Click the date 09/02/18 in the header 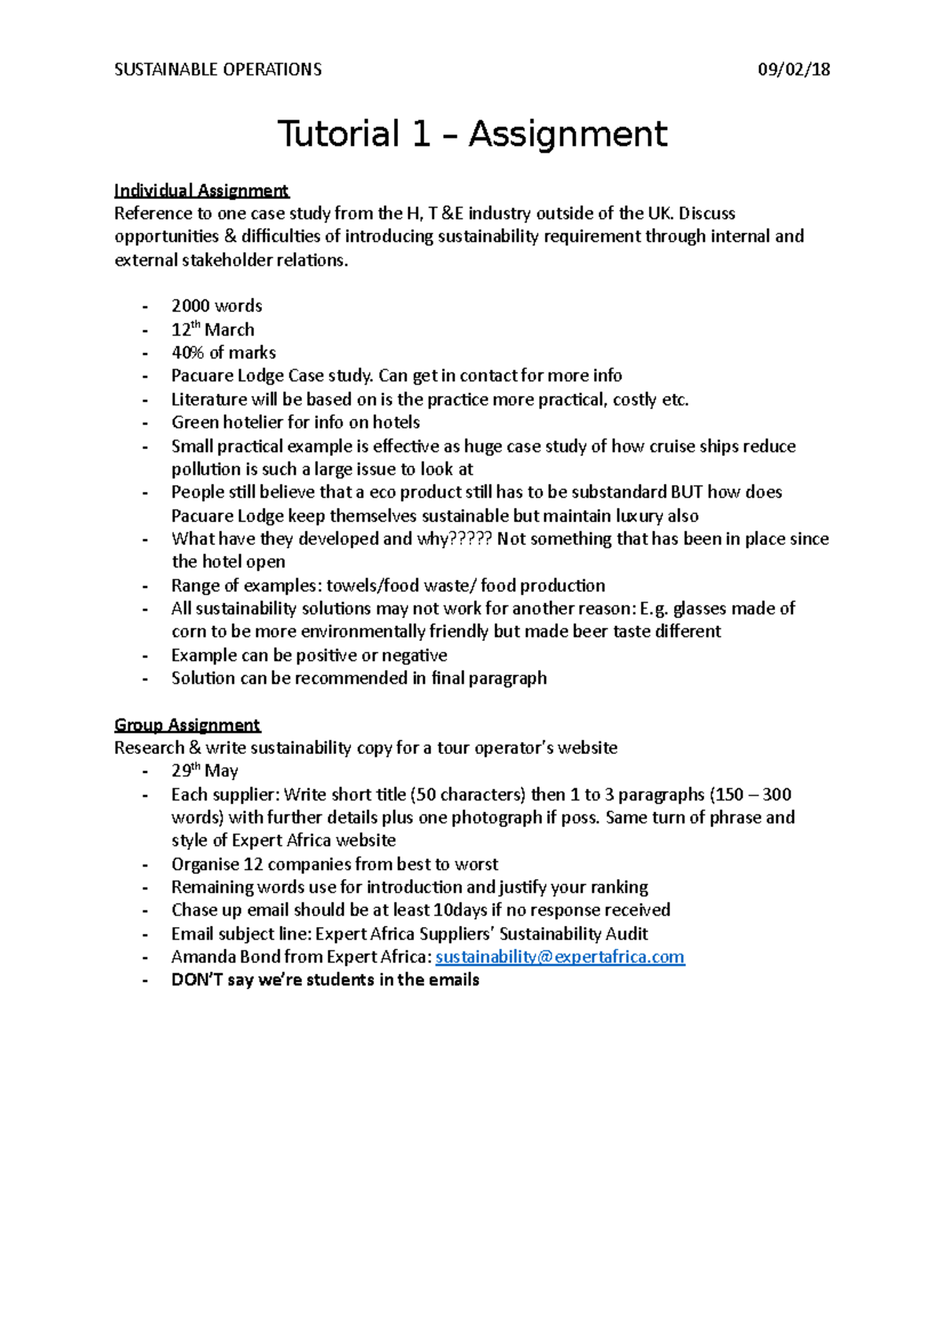pos(793,69)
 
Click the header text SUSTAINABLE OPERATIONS pos(218,69)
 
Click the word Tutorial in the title pos(337,134)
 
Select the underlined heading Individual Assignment pos(201,190)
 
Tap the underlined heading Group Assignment pos(187,724)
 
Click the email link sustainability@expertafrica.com pos(559,957)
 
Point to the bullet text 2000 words pos(216,306)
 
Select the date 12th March pos(212,329)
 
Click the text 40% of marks pos(223,352)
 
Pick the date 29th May pos(205,770)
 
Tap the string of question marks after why pos(471,539)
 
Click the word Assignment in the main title pos(568,134)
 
